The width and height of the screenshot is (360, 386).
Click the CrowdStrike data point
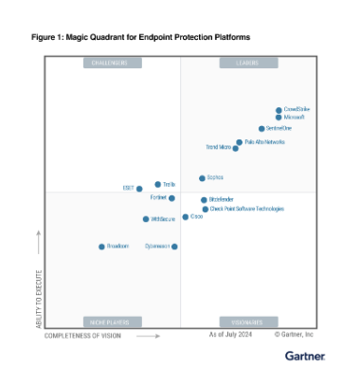(279, 110)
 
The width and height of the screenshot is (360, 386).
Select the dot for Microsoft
(278, 118)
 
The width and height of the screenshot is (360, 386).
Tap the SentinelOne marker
(261, 129)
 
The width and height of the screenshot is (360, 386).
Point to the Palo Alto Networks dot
(239, 142)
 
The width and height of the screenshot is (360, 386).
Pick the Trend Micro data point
(235, 149)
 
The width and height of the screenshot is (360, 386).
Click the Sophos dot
(202, 178)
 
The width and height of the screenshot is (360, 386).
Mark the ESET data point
(139, 189)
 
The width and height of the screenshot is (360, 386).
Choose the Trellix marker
(157, 185)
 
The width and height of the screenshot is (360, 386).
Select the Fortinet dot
(171, 198)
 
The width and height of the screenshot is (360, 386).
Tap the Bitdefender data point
(204, 200)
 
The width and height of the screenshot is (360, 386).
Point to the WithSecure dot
(145, 219)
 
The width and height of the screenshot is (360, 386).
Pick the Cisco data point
(186, 217)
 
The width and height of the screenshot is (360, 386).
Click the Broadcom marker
(101, 247)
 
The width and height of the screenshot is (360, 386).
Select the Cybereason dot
(174, 247)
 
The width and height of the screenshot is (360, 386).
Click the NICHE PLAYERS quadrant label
(110, 322)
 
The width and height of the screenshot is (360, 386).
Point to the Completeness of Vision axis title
(82, 335)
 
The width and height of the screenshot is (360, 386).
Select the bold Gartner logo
(304, 357)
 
